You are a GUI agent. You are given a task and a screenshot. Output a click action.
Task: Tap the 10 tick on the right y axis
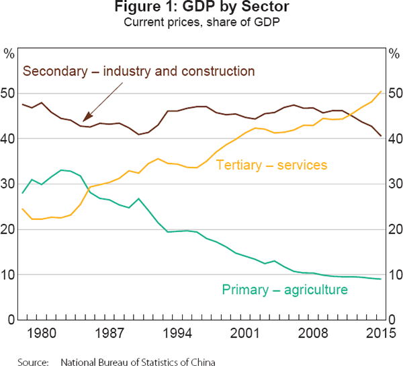[x=394, y=275]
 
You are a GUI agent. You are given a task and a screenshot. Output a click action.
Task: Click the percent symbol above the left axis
[x=9, y=52]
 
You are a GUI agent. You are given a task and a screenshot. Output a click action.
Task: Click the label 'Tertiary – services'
[x=271, y=165]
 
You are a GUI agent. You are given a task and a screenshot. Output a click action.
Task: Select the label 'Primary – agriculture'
[x=285, y=290]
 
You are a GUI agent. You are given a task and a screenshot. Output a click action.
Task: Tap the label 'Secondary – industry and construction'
[x=139, y=71]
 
